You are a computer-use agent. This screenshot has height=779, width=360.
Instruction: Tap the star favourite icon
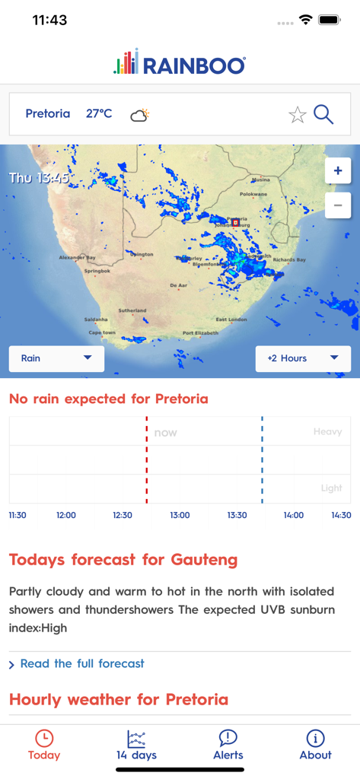pos(297,115)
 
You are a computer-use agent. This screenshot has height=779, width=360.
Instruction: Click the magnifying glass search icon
pos(323,115)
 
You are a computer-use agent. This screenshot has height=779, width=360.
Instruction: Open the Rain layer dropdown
pos(56,358)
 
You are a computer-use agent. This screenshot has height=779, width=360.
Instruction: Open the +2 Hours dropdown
pos(303,358)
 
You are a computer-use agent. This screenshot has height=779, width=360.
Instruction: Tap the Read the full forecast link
pos(81,663)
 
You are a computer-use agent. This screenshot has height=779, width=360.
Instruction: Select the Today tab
pos(44,745)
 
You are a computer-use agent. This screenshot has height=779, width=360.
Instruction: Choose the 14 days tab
pos(136,745)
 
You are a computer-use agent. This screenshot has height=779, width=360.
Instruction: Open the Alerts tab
pos(228,745)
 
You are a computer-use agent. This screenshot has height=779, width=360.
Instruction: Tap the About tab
pos(315,745)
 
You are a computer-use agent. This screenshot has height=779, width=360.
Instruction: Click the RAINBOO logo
pos(180,64)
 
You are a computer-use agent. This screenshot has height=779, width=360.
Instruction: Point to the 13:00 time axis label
pos(180,515)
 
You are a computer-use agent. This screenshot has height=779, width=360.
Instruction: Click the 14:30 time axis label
pos(341,515)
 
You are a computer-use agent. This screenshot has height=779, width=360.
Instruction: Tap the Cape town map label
pos(102,332)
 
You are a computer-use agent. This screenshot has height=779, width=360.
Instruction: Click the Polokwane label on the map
pos(253,194)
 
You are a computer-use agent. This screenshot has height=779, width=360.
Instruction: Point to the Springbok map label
pos(97,271)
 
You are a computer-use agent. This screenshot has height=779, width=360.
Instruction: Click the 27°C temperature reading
pos(99,114)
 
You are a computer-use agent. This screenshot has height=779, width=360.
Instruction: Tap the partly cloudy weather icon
pos(139,115)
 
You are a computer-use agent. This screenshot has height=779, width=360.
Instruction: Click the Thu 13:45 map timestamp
pos(39,178)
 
